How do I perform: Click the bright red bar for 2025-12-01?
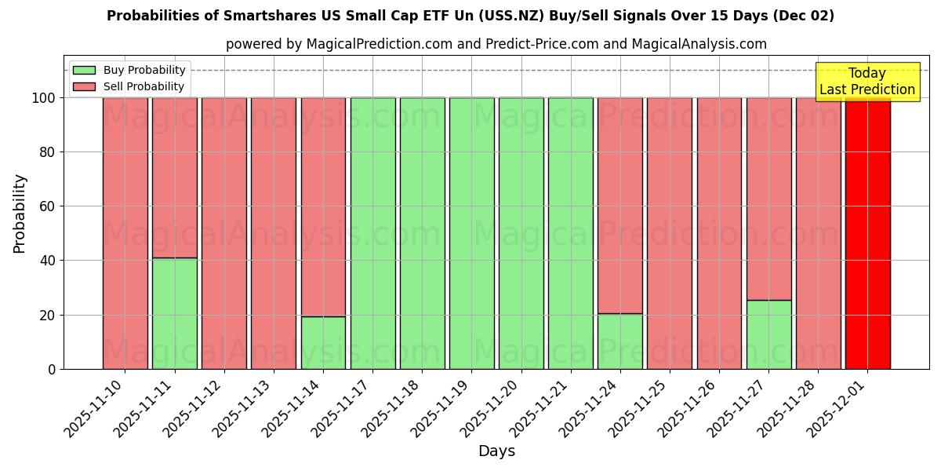pyautogui.click(x=867, y=233)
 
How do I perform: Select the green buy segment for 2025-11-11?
pyautogui.click(x=174, y=313)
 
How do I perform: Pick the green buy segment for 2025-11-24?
pyautogui.click(x=619, y=341)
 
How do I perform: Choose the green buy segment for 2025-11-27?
pyautogui.click(x=768, y=334)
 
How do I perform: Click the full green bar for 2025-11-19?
pyautogui.click(x=471, y=233)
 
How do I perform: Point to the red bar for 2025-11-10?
pyautogui.click(x=125, y=233)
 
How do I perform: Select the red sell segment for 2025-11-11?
pyautogui.click(x=174, y=177)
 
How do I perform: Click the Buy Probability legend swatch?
pyautogui.click(x=84, y=71)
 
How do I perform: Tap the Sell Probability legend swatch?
pyautogui.click(x=84, y=87)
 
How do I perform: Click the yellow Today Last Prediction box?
pyautogui.click(x=867, y=82)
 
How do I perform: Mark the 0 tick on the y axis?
pyautogui.click(x=52, y=369)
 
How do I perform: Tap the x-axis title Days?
pyautogui.click(x=496, y=451)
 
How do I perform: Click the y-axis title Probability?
pyautogui.click(x=20, y=213)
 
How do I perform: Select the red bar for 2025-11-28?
pyautogui.click(x=818, y=233)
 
